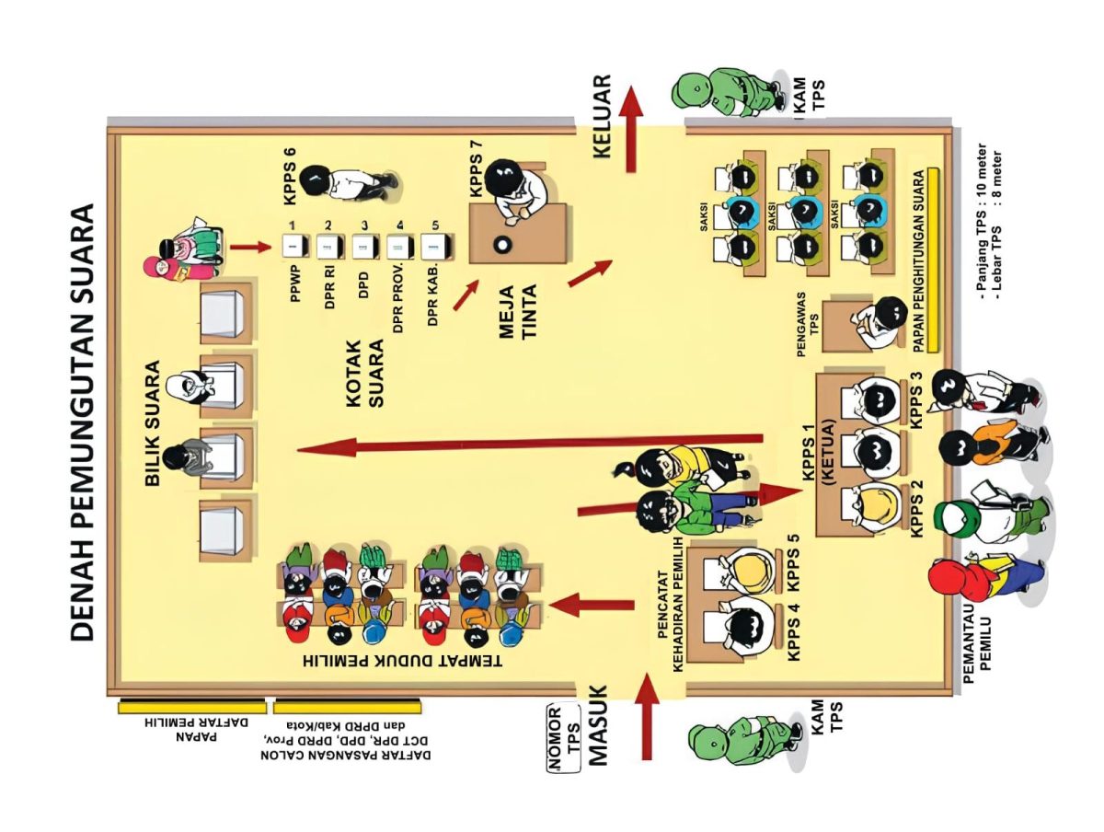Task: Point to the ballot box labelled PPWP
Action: tap(292, 246)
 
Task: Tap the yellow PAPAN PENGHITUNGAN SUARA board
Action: tap(932, 260)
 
